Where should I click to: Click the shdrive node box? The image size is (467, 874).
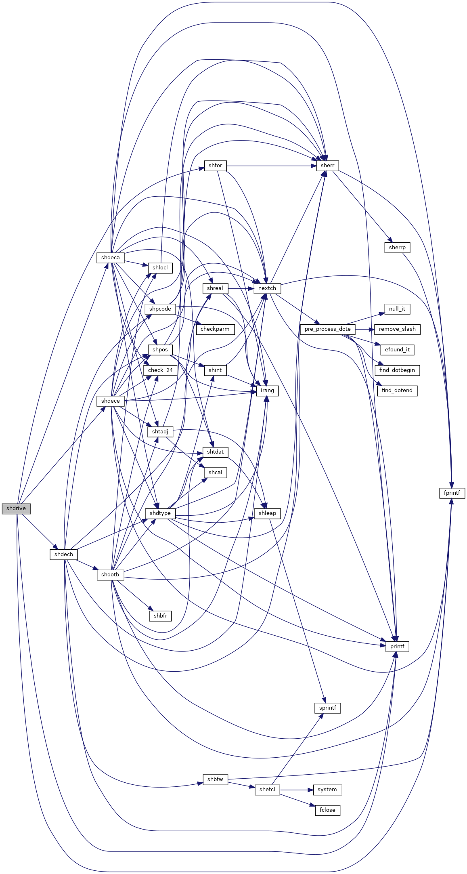[x=16, y=508]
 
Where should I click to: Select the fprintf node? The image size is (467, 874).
[x=452, y=493]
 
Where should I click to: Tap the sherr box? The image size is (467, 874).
[x=327, y=166]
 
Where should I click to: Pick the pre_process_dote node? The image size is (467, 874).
[x=328, y=329]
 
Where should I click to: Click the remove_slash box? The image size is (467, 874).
[x=397, y=329]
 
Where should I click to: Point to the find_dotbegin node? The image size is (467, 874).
[x=397, y=370]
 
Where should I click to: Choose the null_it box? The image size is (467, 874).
[x=397, y=309]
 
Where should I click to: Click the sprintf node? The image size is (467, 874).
[x=327, y=708]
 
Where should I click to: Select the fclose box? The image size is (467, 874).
[x=327, y=810]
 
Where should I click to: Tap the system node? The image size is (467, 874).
[x=327, y=790]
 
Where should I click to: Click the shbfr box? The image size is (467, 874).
[x=160, y=616]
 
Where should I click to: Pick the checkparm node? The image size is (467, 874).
[x=215, y=329]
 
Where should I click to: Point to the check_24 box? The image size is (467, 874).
[x=160, y=370]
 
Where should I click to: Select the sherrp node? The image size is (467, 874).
[x=397, y=248]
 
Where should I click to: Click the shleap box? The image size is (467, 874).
[x=267, y=513]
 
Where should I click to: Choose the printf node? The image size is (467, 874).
[x=397, y=647]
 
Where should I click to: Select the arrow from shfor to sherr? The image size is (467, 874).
[x=272, y=166]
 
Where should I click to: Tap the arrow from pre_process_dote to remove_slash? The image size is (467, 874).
[x=365, y=329]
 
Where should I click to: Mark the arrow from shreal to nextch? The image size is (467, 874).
[x=241, y=288]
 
